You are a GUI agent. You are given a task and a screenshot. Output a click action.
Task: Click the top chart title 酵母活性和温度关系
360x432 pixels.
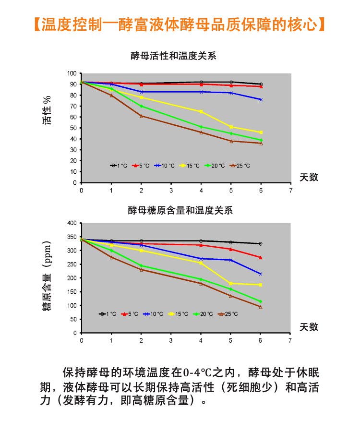(173, 56)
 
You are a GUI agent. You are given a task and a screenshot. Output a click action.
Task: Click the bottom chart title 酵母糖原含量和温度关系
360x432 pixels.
(180, 211)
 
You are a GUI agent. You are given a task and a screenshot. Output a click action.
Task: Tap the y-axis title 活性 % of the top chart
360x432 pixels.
(47, 110)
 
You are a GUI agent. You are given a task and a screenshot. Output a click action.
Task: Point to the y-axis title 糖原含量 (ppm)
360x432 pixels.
(47, 276)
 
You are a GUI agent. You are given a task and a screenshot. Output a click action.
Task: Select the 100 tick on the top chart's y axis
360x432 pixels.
(72, 73)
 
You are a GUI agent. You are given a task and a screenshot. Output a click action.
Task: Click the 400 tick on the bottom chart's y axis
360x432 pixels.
(72, 223)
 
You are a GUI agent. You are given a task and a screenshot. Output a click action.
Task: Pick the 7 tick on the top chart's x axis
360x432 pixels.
(291, 191)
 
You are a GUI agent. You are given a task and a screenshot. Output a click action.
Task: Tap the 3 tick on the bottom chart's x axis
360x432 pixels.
(171, 340)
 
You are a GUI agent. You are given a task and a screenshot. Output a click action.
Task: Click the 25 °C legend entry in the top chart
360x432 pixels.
(240, 166)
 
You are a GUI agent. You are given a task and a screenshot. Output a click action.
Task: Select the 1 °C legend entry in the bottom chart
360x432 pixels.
(108, 314)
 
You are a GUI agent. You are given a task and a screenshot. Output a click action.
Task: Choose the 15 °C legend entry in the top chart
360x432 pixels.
(190, 166)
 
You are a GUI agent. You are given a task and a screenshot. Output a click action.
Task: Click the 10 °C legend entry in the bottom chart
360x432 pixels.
(153, 314)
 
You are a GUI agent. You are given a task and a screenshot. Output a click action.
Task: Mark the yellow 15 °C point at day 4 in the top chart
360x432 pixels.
(201, 111)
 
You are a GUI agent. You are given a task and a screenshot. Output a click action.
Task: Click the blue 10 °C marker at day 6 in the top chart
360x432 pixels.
(261, 100)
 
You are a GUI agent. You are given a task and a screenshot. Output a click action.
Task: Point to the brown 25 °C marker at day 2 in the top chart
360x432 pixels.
(141, 116)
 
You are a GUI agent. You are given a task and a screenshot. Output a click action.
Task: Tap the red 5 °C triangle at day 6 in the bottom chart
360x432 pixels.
(261, 257)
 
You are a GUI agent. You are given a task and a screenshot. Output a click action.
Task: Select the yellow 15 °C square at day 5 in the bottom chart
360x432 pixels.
(230, 284)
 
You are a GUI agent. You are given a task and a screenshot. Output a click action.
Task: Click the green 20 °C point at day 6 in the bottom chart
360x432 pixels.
(261, 302)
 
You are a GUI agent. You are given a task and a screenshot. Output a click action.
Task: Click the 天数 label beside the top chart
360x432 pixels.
(309, 177)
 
